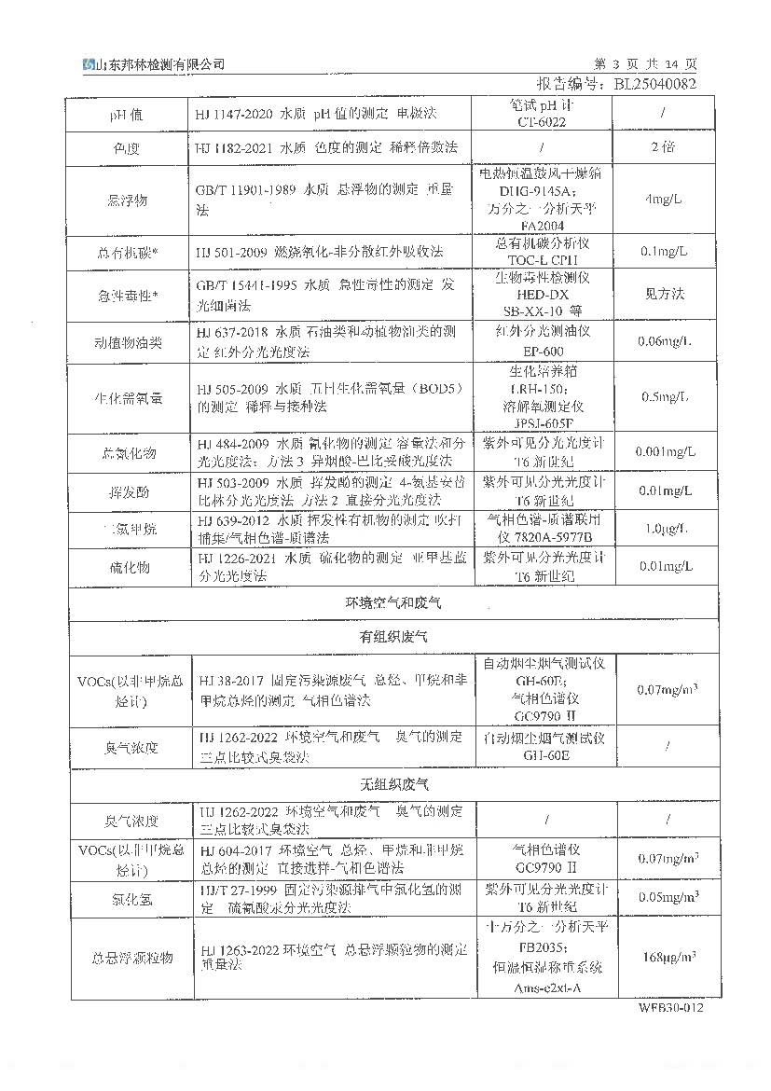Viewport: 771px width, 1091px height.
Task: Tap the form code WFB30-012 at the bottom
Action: coord(671,1008)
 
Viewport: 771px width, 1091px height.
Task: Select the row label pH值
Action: coord(128,114)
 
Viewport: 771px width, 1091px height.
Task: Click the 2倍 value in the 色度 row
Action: coord(667,147)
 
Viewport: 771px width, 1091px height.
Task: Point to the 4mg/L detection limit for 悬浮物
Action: coord(667,200)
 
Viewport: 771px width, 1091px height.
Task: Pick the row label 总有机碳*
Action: coord(128,252)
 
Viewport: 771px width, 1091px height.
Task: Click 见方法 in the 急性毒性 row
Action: coord(666,294)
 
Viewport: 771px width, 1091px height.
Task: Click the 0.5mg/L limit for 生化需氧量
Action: coord(667,396)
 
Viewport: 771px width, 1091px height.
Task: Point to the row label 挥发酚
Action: coord(128,491)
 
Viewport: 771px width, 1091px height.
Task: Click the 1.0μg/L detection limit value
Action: coord(667,529)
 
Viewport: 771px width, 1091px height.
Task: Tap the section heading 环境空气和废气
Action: coord(393,603)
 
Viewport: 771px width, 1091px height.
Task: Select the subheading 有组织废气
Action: coord(393,638)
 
